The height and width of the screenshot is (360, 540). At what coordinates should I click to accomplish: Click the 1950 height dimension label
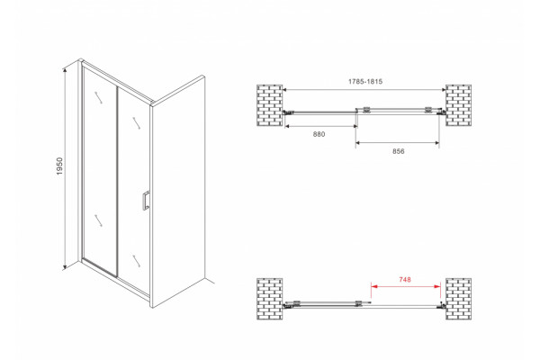(x=60, y=166)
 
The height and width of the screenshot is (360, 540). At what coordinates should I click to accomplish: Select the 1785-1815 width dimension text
(x=365, y=82)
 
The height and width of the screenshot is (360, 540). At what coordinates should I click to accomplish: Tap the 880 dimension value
(x=319, y=134)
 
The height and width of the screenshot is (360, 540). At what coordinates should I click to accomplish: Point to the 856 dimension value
(x=399, y=151)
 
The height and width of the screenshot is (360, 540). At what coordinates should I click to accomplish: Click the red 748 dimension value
(x=405, y=280)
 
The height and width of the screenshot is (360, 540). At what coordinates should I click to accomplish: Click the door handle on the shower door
(x=146, y=200)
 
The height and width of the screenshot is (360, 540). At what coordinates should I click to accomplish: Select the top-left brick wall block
(x=270, y=105)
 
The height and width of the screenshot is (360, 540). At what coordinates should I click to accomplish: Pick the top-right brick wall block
(x=458, y=105)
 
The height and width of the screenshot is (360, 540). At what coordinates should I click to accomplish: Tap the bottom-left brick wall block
(x=270, y=299)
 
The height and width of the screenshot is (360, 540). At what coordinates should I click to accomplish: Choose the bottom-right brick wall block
(x=458, y=299)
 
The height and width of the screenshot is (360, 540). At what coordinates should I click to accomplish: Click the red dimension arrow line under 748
(x=406, y=286)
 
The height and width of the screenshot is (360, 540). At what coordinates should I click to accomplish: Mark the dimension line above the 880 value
(x=321, y=126)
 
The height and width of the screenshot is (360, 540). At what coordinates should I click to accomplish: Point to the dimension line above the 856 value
(x=398, y=142)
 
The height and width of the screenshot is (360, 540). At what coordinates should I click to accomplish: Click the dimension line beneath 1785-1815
(x=364, y=90)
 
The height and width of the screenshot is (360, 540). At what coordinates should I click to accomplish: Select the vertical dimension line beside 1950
(x=65, y=168)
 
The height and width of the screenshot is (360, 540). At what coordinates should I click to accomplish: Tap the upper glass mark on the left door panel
(x=99, y=97)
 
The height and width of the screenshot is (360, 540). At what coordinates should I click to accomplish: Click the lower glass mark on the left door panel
(x=98, y=220)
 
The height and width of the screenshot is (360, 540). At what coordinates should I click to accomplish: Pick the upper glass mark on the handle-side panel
(x=137, y=123)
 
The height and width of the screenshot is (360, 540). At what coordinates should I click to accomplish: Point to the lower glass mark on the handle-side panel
(x=137, y=261)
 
